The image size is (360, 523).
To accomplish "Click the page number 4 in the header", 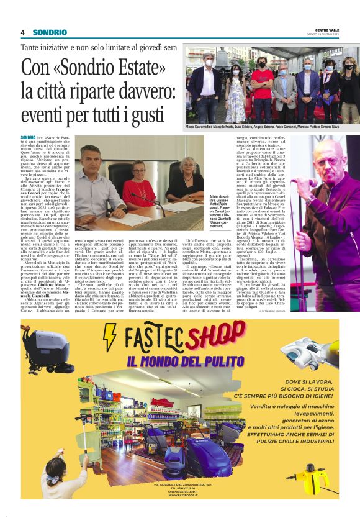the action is pos(22,32).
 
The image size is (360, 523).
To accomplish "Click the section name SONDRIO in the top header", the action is pos(50,32).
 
